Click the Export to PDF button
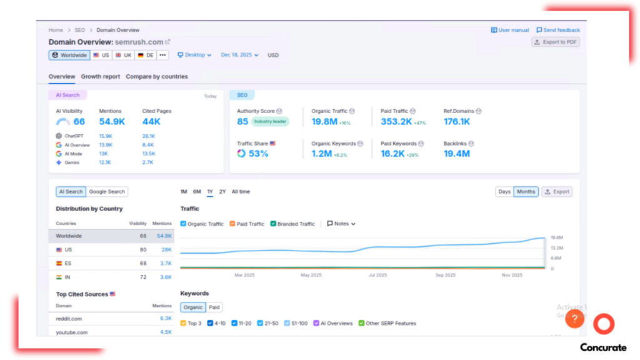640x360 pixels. click(x=555, y=42)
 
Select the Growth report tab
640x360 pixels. click(x=100, y=76)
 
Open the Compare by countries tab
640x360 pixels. click(x=156, y=76)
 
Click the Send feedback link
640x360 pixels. click(x=558, y=30)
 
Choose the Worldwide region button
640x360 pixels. click(x=69, y=55)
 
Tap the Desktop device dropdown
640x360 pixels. click(x=194, y=55)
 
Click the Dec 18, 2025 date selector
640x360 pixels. click(x=239, y=55)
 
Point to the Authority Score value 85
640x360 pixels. click(x=242, y=121)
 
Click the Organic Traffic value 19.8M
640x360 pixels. click(x=324, y=122)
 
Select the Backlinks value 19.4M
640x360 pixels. click(x=456, y=153)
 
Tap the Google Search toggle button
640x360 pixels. click(x=107, y=192)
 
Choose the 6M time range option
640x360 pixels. click(x=197, y=192)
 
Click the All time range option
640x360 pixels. click(x=241, y=192)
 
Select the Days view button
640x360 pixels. click(x=504, y=192)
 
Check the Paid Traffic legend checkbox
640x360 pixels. click(x=232, y=224)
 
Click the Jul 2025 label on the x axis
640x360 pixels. click(x=377, y=275)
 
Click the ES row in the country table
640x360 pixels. click(x=68, y=263)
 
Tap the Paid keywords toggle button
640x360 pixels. click(x=214, y=307)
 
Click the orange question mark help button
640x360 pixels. click(x=574, y=320)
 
